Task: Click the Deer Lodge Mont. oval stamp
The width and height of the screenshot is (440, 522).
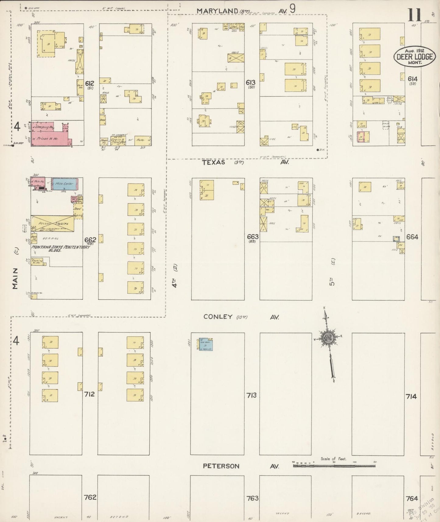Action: pos(414,56)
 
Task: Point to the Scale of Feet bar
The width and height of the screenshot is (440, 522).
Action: pos(334,466)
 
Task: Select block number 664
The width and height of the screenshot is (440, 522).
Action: pos(412,237)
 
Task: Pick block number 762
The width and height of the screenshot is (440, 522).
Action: pos(90,497)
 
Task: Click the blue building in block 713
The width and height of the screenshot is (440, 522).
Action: pos(206,344)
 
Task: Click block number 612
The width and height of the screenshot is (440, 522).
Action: pos(90,83)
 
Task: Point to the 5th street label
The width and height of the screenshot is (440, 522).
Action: pos(332,281)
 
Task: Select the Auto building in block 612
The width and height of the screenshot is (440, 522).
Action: pos(143,141)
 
